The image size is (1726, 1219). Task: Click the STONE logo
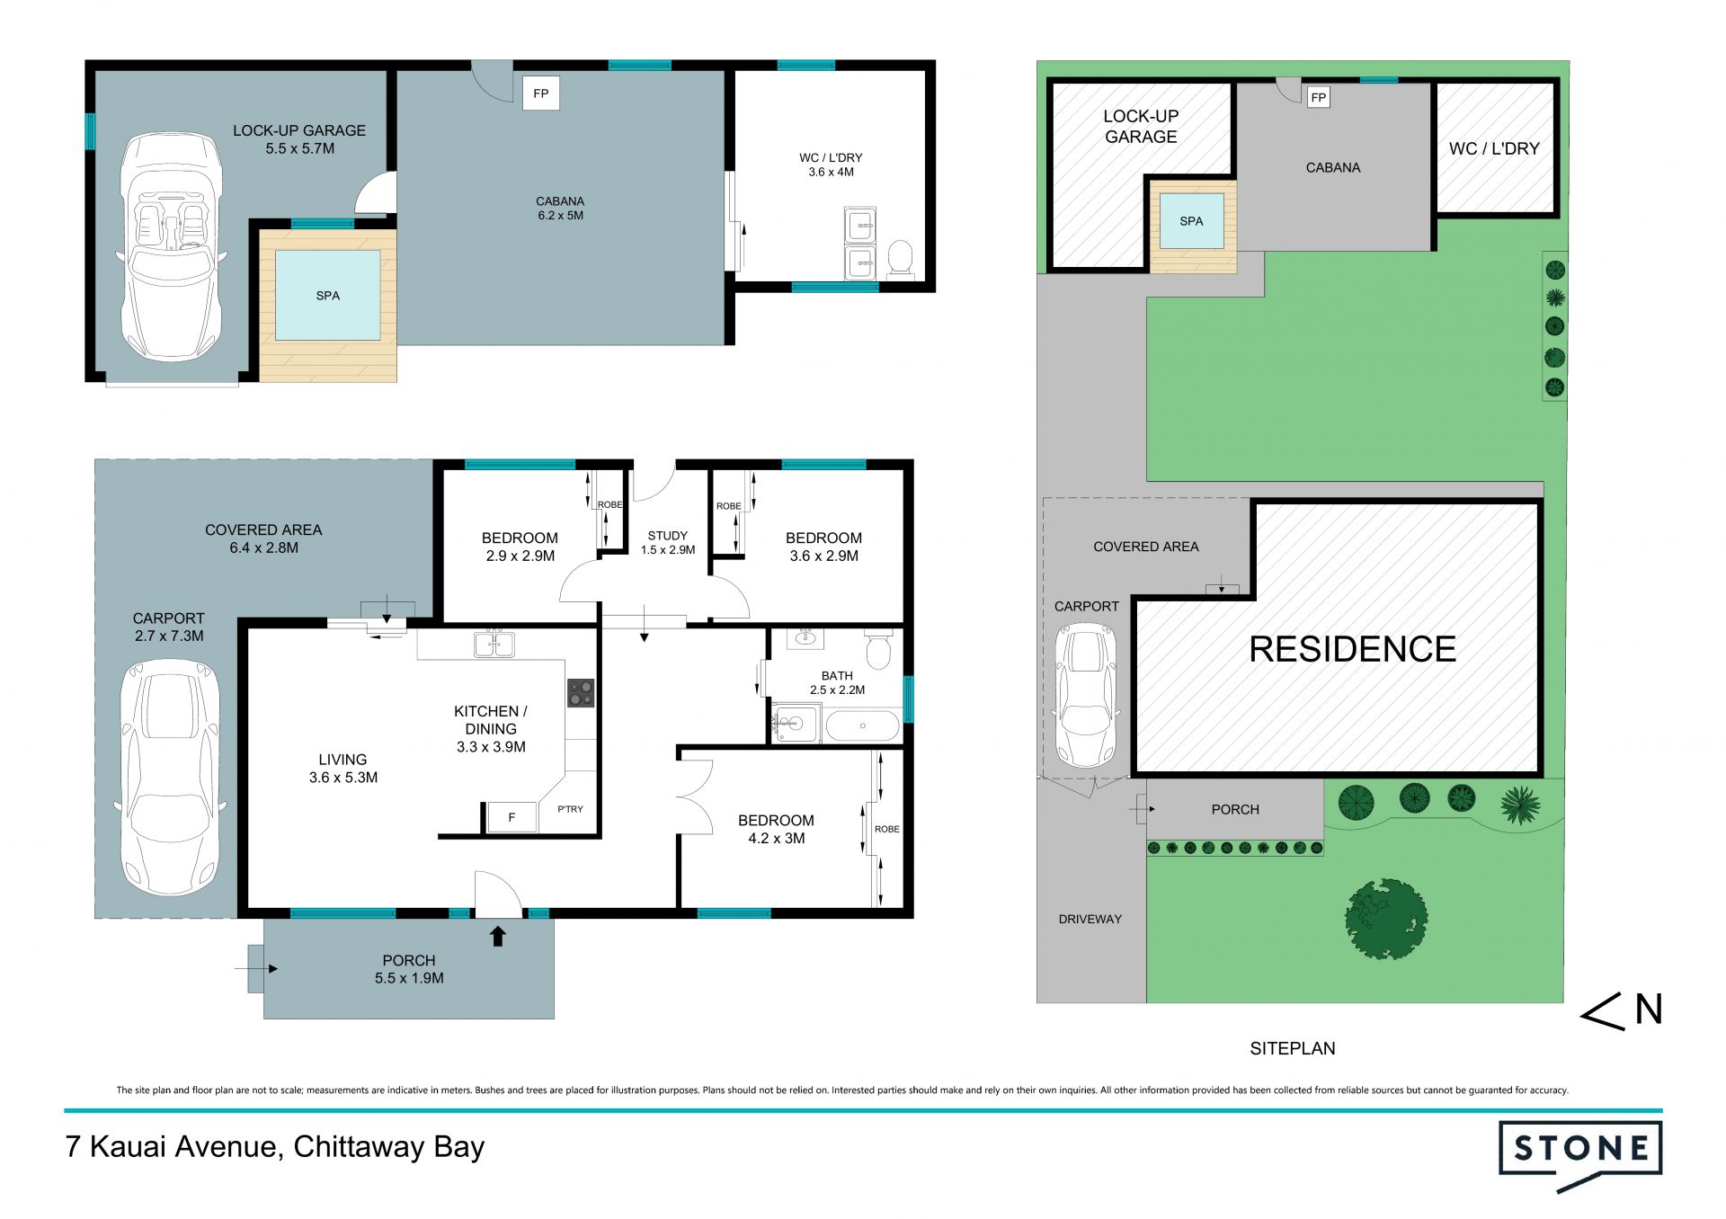tap(1579, 1153)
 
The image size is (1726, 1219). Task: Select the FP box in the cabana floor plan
tap(541, 93)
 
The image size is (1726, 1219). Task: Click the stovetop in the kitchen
tap(581, 693)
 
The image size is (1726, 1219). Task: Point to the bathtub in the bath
tap(862, 725)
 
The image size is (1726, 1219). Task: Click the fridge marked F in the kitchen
tap(512, 817)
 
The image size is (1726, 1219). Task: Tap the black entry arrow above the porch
tap(498, 937)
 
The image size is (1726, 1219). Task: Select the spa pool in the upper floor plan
tap(328, 295)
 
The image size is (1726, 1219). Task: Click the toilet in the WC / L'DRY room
tap(900, 259)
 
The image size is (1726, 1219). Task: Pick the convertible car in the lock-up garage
tap(172, 247)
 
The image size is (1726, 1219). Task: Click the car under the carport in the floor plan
tap(170, 778)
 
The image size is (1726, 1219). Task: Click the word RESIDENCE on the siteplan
tap(1352, 649)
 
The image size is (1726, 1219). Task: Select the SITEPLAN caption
tap(1293, 1048)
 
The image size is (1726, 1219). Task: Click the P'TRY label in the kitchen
tap(570, 809)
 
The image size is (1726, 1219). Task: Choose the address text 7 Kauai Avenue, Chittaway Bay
tap(275, 1147)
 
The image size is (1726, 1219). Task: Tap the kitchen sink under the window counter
tap(494, 644)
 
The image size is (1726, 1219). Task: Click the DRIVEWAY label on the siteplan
tap(1090, 919)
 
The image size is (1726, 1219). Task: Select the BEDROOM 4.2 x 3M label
tap(776, 829)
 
